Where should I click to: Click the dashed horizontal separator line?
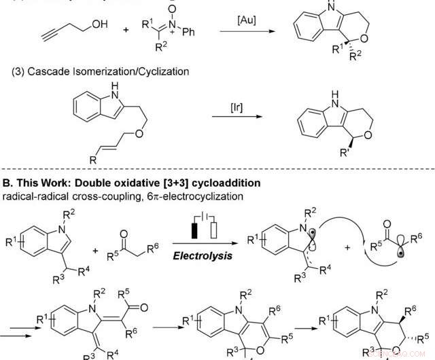pos(217,169)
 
